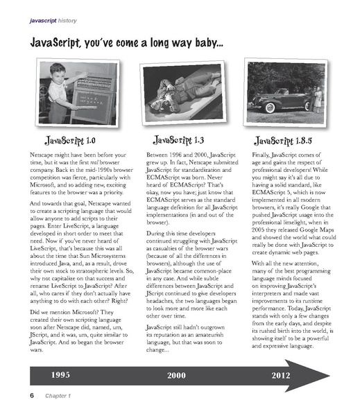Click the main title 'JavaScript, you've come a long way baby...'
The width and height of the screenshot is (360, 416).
(126, 44)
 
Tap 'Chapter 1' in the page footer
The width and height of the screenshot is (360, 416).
(53, 396)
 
